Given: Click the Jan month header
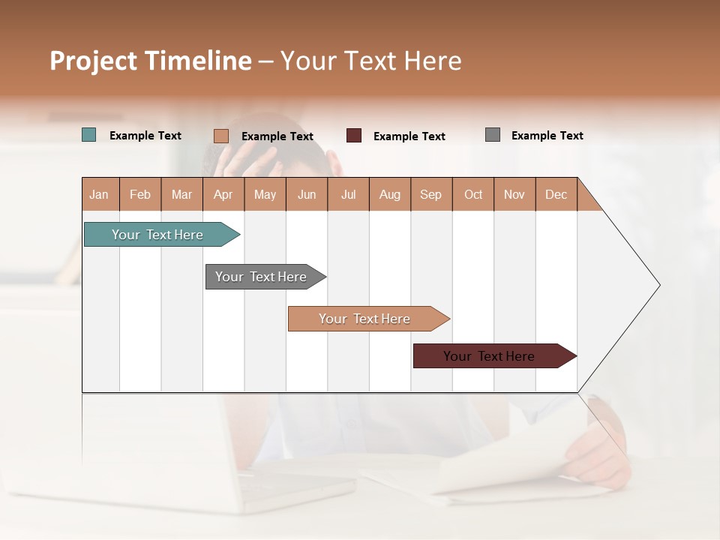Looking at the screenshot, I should [100, 195].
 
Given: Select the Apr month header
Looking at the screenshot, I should [223, 195].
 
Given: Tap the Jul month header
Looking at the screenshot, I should [348, 195].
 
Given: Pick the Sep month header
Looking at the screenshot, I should [430, 195].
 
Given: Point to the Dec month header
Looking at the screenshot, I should [556, 195].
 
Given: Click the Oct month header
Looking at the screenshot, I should [473, 195].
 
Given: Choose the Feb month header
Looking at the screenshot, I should [140, 195].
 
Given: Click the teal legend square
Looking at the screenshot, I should [89, 135].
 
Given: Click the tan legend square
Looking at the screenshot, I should [221, 136].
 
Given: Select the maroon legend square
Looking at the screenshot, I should [354, 136].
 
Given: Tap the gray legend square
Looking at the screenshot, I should [493, 135].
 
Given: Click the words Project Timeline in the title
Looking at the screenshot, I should [151, 61].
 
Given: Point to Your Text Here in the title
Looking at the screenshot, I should [371, 61].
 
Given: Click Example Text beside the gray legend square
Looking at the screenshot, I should [547, 136].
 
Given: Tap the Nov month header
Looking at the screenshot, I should [514, 195].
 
